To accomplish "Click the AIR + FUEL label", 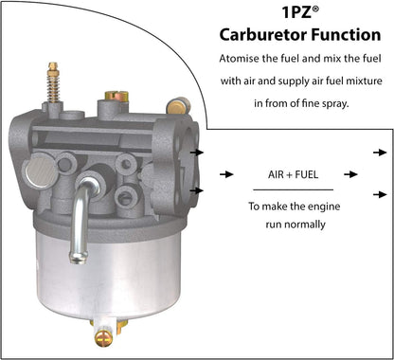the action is [x=293, y=174].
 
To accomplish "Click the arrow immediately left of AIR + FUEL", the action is [x=226, y=174].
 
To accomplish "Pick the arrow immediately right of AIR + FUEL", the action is [x=350, y=174].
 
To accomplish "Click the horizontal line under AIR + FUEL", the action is [x=293, y=189].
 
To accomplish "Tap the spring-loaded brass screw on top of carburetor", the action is [x=53, y=82].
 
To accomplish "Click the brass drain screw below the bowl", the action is [x=104, y=337].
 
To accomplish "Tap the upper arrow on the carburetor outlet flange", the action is [x=197, y=153].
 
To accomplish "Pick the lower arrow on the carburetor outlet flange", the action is [x=197, y=190].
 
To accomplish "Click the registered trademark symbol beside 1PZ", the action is [x=315, y=9].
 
